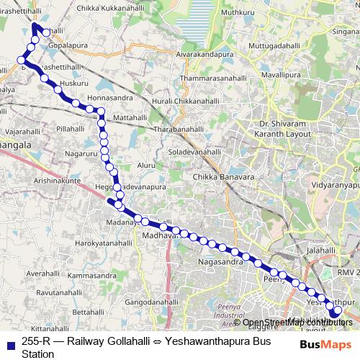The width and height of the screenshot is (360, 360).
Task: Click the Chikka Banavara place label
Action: point(221,176)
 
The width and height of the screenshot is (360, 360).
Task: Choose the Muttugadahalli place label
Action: point(274,45)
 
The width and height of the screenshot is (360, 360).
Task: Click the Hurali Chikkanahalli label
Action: point(186,102)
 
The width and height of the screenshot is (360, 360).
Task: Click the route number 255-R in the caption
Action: point(35,343)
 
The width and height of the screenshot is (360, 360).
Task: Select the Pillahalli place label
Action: point(71,128)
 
